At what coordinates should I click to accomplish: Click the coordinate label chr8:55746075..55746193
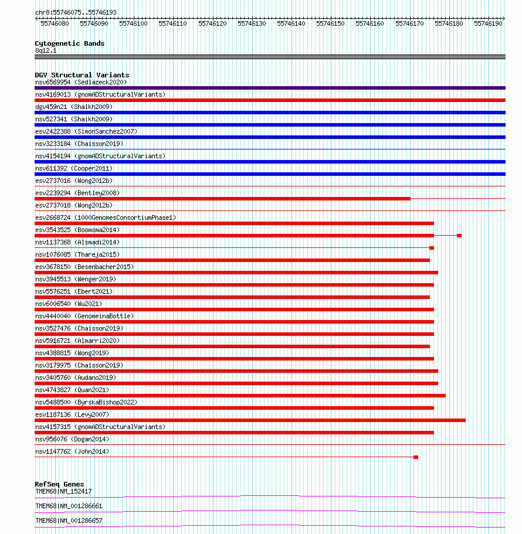pos(76,12)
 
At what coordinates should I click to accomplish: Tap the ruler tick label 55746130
pos(252,23)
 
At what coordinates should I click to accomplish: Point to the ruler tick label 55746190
pos(488,23)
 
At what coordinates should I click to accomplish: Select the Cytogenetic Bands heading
pos(69,43)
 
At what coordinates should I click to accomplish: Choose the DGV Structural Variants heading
pos(82,75)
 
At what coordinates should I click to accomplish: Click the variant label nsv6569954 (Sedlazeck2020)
pos(80,82)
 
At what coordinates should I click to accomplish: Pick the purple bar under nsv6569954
pos(270,88)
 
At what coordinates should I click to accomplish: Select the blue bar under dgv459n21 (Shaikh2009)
pos(270,113)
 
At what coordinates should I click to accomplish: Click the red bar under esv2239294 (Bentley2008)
pos(222,199)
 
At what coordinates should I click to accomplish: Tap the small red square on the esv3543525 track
pos(459,236)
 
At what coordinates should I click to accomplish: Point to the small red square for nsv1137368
pos(432,248)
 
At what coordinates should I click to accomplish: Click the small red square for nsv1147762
pos(416,457)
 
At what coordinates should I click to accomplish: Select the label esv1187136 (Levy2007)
pos(72,414)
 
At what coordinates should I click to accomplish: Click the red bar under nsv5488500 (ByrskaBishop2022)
pos(234,408)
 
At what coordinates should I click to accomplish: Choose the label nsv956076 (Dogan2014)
pos(72,439)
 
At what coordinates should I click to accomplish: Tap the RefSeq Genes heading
pos(59,484)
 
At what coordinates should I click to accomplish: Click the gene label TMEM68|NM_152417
pos(63,491)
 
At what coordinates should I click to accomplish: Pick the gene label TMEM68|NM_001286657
pos(69,521)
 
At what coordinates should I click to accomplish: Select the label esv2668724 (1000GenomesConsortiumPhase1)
pos(105,217)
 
